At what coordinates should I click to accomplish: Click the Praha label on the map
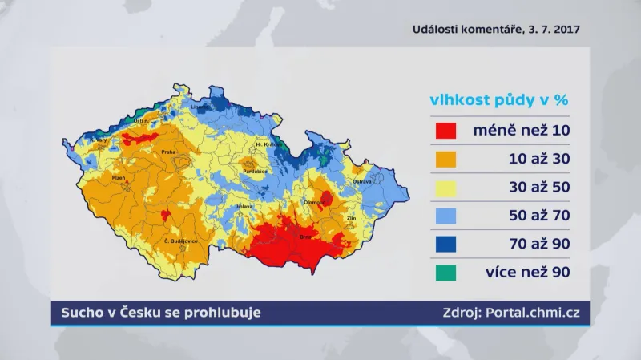pyautogui.click(x=168, y=152)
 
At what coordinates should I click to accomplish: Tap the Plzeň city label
pyautogui.click(x=119, y=178)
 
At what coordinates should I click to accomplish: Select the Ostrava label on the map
pyautogui.click(x=362, y=182)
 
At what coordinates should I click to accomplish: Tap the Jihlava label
pyautogui.click(x=244, y=207)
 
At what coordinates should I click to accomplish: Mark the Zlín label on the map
pyautogui.click(x=350, y=218)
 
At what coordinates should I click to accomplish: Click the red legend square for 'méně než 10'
pyautogui.click(x=445, y=131)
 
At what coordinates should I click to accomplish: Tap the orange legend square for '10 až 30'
pyautogui.click(x=445, y=159)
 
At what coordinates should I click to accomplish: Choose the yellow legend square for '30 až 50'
pyautogui.click(x=445, y=188)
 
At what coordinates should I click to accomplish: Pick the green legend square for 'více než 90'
pyautogui.click(x=445, y=273)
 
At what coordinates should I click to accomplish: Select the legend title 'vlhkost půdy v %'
pyautogui.click(x=498, y=101)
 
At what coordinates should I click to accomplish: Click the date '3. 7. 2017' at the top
pyautogui.click(x=554, y=30)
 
